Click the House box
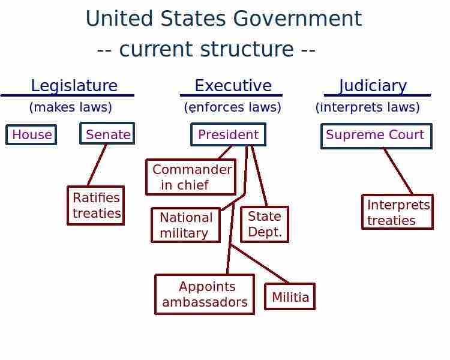pyautogui.click(x=31, y=135)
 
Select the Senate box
pyautogui.click(x=107, y=134)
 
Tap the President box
pyautogui.click(x=228, y=135)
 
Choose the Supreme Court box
pyautogui.click(x=376, y=136)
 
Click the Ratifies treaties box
pyautogui.click(x=96, y=205)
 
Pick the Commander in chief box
pyautogui.click(x=191, y=177)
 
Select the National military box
pyautogui.click(x=185, y=225)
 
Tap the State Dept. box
pyautogui.click(x=265, y=224)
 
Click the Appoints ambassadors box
pyautogui.click(x=205, y=294)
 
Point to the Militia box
pyautogui.click(x=290, y=297)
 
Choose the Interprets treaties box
pyautogui.click(x=397, y=212)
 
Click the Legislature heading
pyautogui.click(x=74, y=86)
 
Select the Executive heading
pyautogui.click(x=233, y=86)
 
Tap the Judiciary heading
pyautogui.click(x=373, y=86)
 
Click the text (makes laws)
pyautogui.click(x=70, y=107)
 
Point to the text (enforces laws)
pyautogui.click(x=232, y=107)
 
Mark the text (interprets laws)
pyautogui.click(x=367, y=107)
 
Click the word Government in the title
pyautogui.click(x=297, y=19)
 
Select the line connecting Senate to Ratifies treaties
pyautogui.click(x=97, y=165)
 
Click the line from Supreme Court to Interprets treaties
pyautogui.click(x=398, y=171)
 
